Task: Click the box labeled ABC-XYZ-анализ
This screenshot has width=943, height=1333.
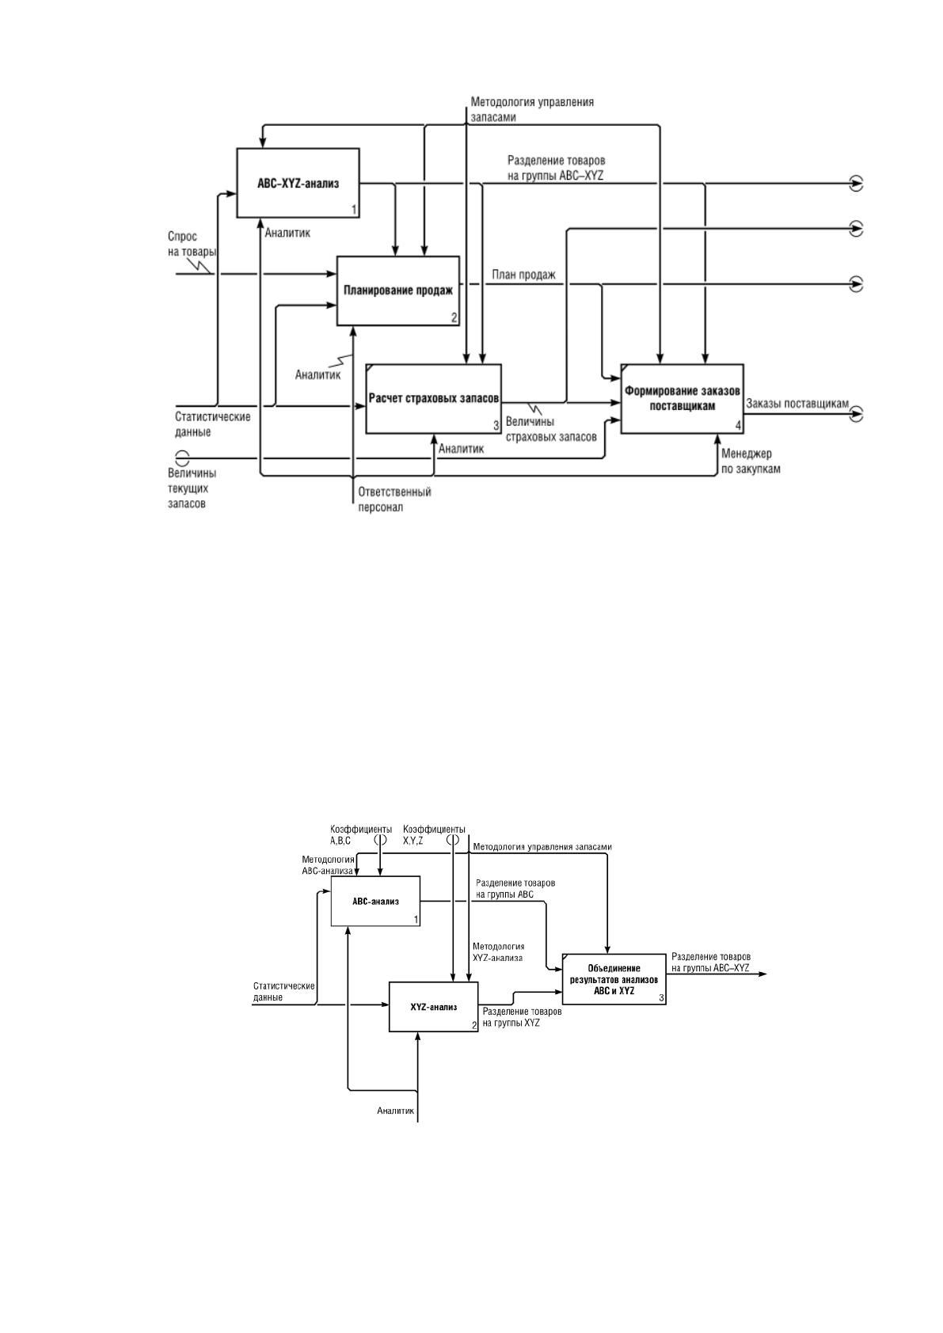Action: [x=298, y=183]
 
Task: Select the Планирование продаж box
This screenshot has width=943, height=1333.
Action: [x=398, y=291]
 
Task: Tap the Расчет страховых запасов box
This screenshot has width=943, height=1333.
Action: [x=433, y=399]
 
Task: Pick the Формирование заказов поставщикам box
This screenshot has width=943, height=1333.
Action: [x=683, y=399]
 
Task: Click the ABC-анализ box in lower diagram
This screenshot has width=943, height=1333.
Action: [x=375, y=901]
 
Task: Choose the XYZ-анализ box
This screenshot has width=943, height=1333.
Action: [x=433, y=1007]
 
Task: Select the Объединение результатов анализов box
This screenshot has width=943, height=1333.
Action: [x=614, y=979]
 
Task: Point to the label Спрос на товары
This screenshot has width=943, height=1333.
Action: [x=192, y=244]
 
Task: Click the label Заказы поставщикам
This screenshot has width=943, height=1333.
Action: [x=797, y=404]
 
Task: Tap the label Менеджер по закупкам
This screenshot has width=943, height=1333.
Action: [x=751, y=461]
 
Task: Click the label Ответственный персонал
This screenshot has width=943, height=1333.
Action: [x=394, y=500]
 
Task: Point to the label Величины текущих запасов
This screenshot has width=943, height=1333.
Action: [x=192, y=488]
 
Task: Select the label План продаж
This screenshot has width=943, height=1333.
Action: [x=523, y=275]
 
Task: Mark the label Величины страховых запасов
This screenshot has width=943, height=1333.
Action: [x=551, y=429]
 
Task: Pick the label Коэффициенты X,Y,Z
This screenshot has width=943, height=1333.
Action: [x=434, y=835]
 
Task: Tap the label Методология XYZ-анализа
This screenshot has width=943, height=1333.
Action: [x=498, y=952]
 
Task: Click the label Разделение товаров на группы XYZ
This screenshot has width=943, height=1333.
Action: [x=522, y=1017]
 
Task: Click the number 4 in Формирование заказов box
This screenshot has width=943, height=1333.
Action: [x=738, y=426]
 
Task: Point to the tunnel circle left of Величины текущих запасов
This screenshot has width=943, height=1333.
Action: [x=182, y=458]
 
